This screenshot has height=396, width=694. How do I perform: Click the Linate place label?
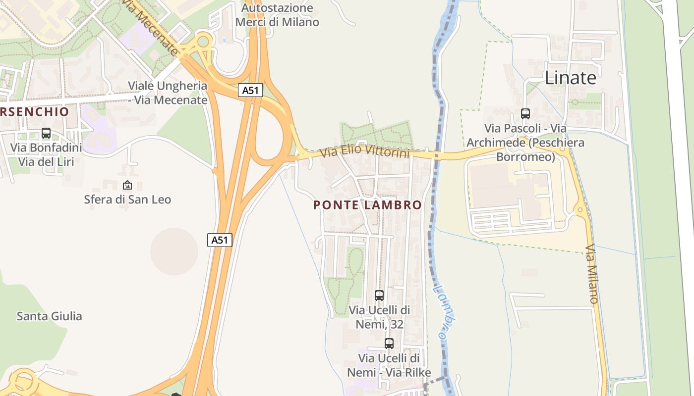(x=570, y=78)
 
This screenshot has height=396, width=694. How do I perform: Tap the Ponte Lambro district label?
(x=367, y=205)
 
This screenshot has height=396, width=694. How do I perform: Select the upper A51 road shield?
(x=250, y=90)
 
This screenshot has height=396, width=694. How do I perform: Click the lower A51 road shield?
(x=219, y=240)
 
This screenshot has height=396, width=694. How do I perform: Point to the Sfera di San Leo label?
(x=127, y=199)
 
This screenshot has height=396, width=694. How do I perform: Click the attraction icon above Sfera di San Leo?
(x=127, y=186)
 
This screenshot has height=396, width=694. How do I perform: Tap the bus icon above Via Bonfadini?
(x=46, y=133)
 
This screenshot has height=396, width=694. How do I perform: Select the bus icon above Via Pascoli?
(x=525, y=114)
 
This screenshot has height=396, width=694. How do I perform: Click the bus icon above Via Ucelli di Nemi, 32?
(x=379, y=296)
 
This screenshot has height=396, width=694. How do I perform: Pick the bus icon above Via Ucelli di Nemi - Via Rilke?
(x=389, y=343)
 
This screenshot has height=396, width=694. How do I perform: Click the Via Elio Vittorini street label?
(x=365, y=150)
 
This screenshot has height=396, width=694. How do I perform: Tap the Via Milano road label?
(x=592, y=273)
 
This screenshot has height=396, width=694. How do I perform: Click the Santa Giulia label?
(x=50, y=316)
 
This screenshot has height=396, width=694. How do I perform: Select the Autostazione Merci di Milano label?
(x=277, y=15)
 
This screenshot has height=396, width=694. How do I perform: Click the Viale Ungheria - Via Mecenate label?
(x=168, y=93)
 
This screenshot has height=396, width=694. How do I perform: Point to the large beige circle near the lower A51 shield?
(x=174, y=251)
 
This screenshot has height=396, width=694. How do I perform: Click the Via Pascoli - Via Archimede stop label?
(x=525, y=143)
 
